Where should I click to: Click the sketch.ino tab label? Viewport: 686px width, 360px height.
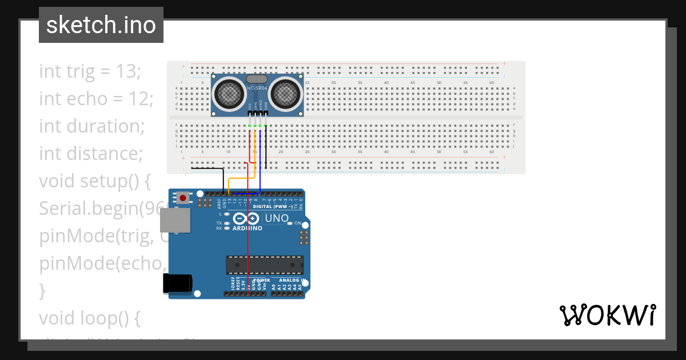coord(101,25)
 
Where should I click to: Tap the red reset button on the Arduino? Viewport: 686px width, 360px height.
coord(182,198)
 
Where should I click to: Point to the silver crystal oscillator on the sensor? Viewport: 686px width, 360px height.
coord(257,79)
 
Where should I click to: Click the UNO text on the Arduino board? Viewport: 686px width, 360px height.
coord(277,218)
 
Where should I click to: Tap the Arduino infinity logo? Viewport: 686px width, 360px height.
coord(246,218)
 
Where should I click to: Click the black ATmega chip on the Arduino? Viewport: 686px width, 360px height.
coord(265,265)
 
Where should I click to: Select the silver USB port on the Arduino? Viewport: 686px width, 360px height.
coord(175,220)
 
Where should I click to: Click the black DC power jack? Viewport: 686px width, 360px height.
coord(177,283)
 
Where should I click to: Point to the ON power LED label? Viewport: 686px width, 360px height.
coord(297,223)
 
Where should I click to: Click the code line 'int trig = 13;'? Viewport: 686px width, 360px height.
coord(90,71)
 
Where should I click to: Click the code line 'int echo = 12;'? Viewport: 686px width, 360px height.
coord(96,99)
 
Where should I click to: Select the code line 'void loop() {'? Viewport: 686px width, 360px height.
coord(89,318)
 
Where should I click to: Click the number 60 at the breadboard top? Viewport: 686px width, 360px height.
coord(492,83)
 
